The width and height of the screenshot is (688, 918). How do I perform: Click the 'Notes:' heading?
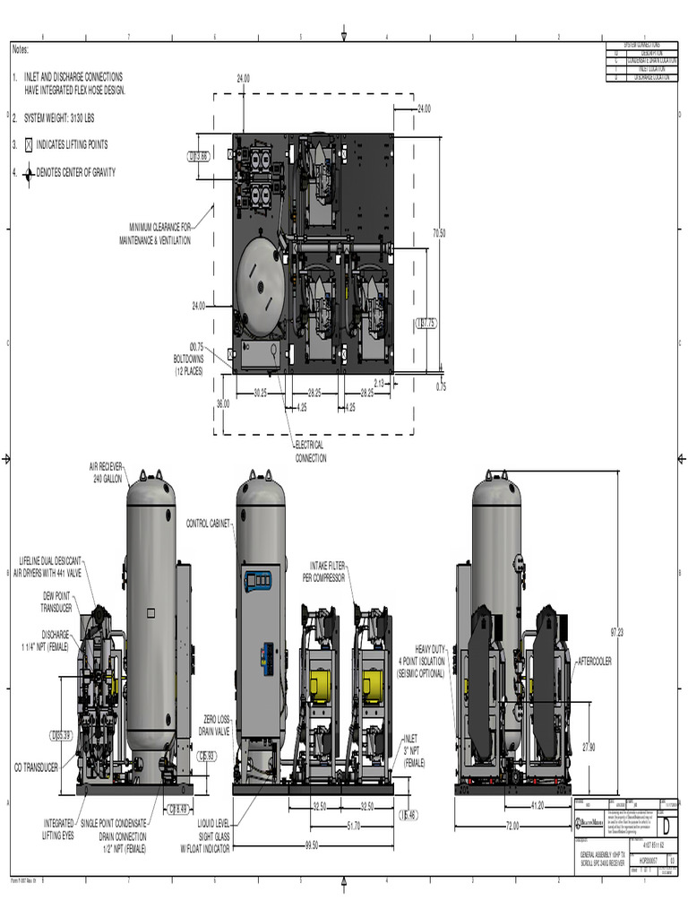click(21, 50)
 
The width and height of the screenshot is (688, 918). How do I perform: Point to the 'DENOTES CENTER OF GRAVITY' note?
click(75, 172)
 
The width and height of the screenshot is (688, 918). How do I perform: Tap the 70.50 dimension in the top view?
click(439, 233)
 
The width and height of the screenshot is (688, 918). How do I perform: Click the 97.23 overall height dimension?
click(616, 632)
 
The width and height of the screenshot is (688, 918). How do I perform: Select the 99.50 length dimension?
click(312, 844)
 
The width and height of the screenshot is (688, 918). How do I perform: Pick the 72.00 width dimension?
click(512, 825)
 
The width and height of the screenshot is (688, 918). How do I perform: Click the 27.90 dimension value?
click(589, 747)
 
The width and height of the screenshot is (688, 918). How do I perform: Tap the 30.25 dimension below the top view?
click(261, 393)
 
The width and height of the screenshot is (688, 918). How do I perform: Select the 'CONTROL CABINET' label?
click(208, 523)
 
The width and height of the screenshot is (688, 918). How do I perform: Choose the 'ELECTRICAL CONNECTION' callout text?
click(311, 451)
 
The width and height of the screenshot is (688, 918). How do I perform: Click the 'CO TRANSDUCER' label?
click(36, 767)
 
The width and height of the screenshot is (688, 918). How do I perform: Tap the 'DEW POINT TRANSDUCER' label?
click(56, 601)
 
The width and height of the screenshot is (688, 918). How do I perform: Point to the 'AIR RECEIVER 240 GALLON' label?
click(107, 473)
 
